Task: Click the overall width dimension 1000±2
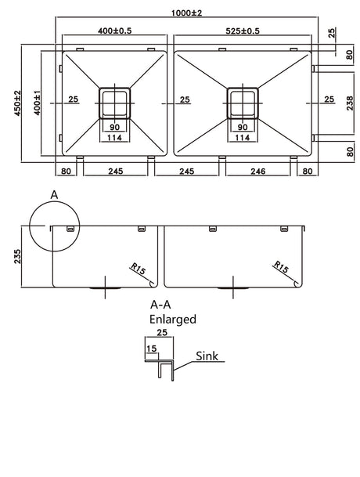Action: [186, 13]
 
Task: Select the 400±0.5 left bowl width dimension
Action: [114, 31]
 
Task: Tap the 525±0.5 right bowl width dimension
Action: [243, 31]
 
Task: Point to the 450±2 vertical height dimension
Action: [17, 103]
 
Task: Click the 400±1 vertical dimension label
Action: [37, 103]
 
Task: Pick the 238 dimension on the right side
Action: [350, 103]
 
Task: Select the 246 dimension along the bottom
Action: [257, 172]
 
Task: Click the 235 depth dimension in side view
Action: [17, 256]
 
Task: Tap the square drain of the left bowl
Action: [114, 103]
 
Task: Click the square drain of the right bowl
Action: [243, 103]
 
